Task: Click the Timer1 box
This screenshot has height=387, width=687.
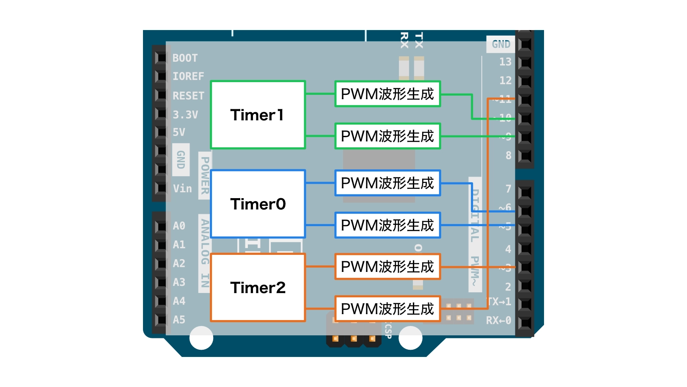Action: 258,115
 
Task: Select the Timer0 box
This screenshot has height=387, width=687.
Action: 258,204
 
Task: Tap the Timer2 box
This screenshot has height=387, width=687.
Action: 258,287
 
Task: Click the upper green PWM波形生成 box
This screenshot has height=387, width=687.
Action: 387,94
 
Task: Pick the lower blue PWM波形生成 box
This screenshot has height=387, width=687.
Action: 387,225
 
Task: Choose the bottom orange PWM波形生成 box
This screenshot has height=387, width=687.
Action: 387,309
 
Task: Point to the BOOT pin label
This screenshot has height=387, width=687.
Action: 185,58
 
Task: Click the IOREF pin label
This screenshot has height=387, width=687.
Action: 188,76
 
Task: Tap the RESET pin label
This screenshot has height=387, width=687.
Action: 188,96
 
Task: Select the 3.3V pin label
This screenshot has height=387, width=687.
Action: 185,114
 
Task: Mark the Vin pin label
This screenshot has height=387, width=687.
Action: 182,188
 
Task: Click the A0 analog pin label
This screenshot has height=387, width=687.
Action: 179,226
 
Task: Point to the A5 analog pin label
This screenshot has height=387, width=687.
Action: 179,320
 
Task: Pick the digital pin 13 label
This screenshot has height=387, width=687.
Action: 505,62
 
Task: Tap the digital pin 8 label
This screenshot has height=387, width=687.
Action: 508,155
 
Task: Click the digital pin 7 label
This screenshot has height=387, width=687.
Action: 508,188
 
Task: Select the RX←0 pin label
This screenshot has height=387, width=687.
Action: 498,321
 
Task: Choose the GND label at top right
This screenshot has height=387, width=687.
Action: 501,44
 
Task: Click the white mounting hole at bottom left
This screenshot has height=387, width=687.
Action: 201,337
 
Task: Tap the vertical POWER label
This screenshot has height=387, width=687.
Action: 205,175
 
